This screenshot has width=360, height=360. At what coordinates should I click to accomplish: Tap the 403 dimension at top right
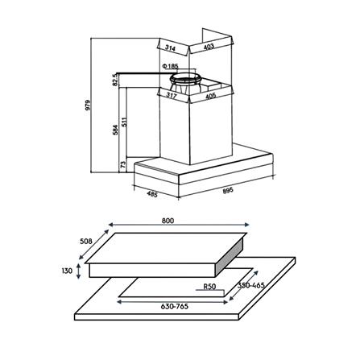click(x=208, y=48)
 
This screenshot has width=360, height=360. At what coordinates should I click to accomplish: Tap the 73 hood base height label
click(x=123, y=164)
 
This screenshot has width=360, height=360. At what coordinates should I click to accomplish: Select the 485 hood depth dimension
click(x=151, y=194)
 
